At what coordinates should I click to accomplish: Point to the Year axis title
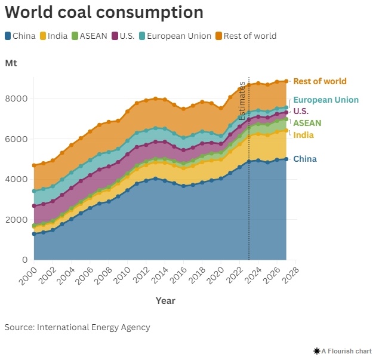165,301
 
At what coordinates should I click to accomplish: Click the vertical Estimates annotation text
242,102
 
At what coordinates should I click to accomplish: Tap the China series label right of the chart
305,159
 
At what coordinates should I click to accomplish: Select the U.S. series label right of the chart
300,112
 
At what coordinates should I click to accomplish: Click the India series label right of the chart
304,136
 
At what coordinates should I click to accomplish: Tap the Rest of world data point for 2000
34,165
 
